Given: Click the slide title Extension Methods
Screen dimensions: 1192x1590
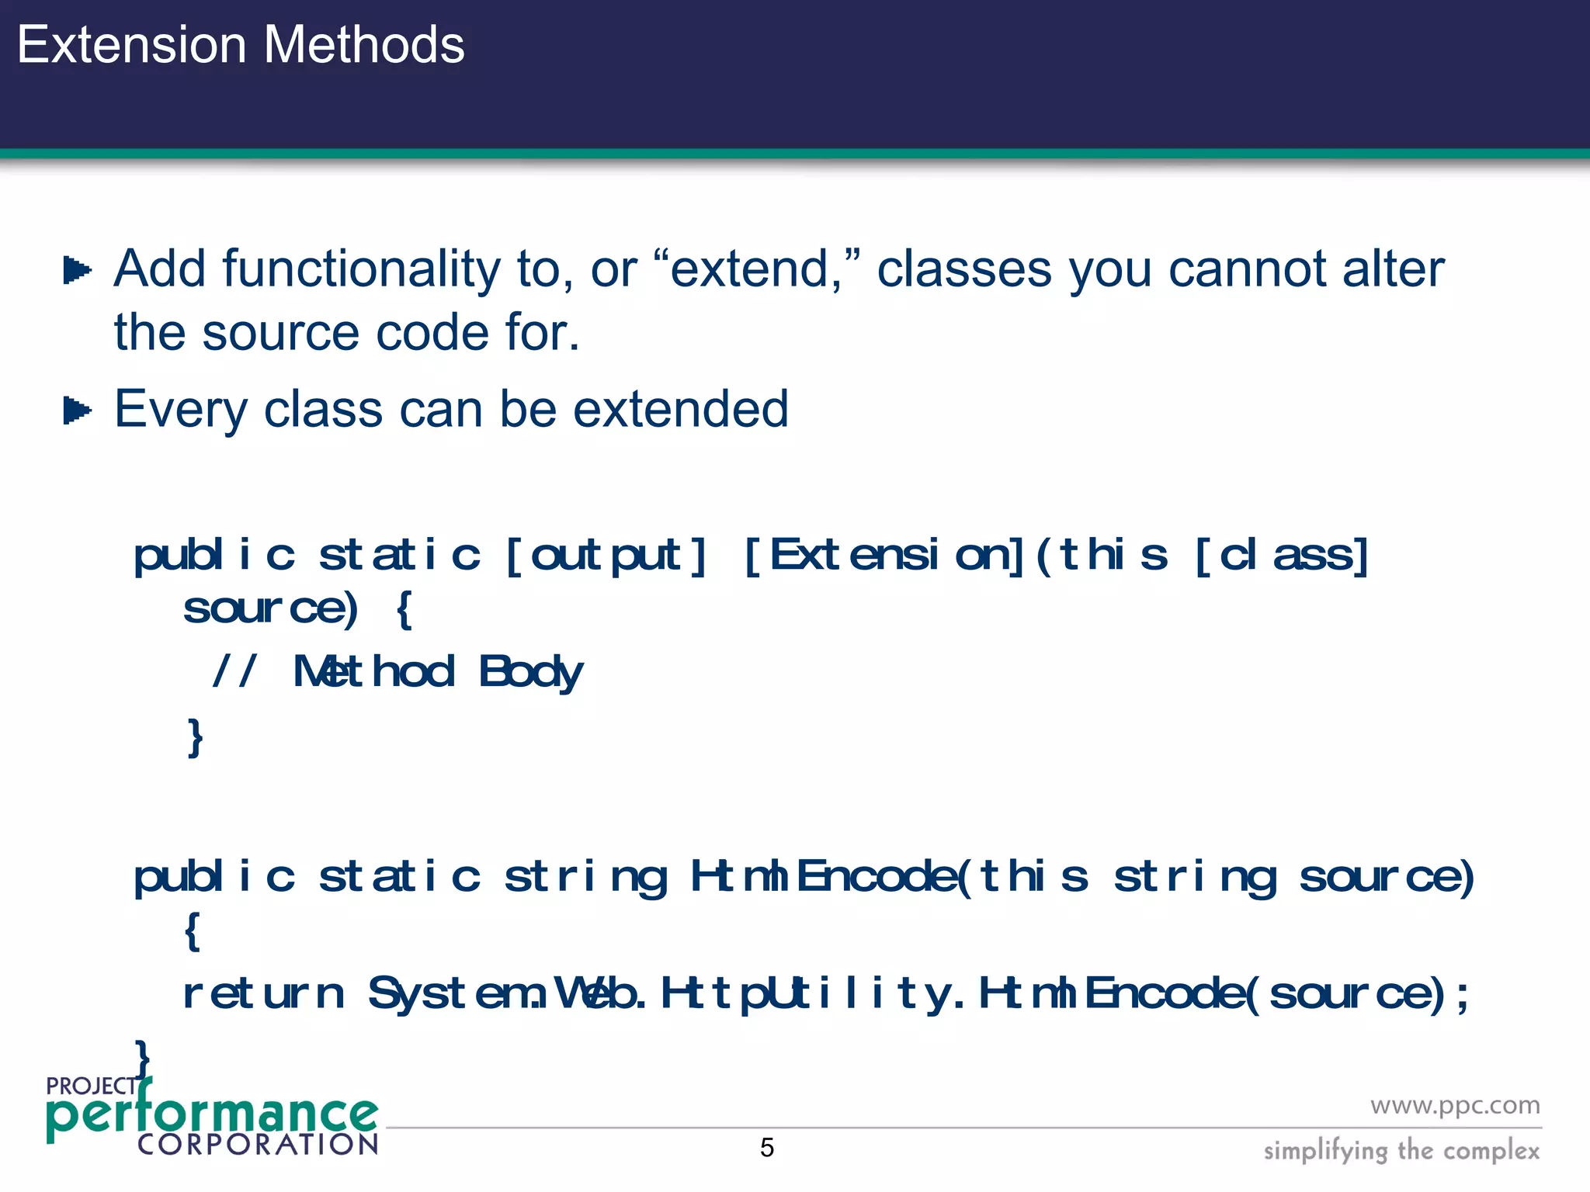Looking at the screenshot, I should tap(241, 45).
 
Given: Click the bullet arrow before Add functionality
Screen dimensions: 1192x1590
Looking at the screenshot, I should tap(77, 271).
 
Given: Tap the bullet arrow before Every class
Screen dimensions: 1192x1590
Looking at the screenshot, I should tap(77, 411).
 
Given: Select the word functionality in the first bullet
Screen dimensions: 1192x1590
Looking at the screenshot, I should tap(362, 270).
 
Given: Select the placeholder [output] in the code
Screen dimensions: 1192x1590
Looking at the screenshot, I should tap(606, 556).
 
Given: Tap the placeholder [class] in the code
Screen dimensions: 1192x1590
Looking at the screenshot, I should tap(1281, 556).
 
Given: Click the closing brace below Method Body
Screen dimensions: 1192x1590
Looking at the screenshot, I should tap(195, 736).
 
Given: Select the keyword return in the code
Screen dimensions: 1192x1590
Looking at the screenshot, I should tap(263, 993).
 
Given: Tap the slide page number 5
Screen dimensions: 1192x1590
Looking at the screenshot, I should tap(767, 1148).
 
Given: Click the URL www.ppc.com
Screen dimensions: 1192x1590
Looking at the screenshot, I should tap(1454, 1105).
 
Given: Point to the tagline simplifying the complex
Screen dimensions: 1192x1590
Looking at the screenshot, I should tap(1401, 1150).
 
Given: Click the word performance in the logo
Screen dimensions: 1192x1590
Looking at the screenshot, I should tap(211, 1114).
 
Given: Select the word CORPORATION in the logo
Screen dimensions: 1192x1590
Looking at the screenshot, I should tap(258, 1145).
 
